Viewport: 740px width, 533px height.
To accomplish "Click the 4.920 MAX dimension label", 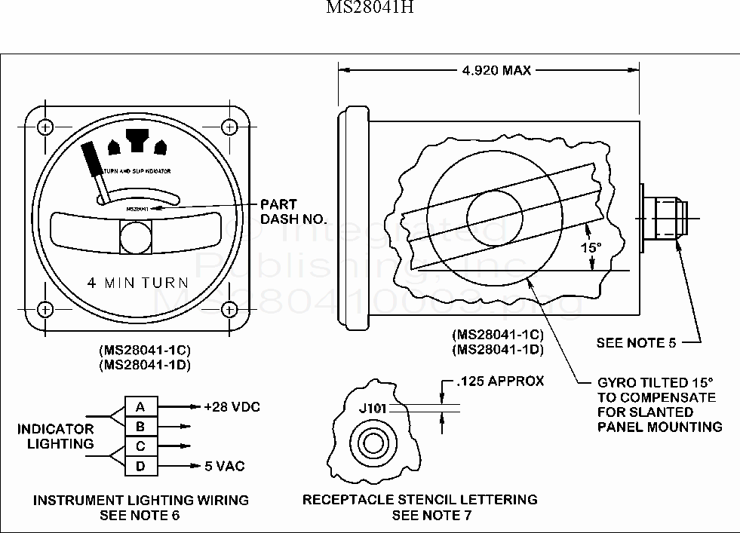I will point(496,71).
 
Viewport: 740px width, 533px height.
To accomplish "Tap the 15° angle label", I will point(591,247).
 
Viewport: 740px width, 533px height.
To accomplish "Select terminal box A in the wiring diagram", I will point(140,407).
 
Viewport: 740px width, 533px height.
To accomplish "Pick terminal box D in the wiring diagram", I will point(140,467).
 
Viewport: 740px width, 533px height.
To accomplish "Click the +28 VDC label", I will point(232,407).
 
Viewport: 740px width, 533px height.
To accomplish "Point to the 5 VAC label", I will point(225,467).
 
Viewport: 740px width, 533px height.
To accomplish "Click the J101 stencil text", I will point(373,409).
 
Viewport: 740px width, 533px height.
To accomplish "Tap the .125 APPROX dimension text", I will point(500,381).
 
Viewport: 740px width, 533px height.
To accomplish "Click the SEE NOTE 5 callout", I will point(636,343).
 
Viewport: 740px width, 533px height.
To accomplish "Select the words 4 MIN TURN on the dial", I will point(137,283).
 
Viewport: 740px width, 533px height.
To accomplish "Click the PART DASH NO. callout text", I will point(293,212).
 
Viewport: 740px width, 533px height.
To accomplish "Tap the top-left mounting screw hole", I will point(45,126).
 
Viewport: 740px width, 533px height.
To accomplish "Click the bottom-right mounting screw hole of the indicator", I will point(232,309).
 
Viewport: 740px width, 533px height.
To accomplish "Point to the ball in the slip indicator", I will point(137,237).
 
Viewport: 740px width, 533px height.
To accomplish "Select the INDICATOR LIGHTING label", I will point(56,437).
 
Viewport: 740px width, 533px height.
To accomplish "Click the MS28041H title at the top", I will point(370,8).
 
